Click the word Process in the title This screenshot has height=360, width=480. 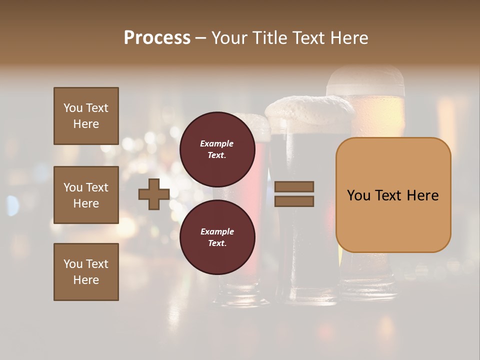tap(157, 38)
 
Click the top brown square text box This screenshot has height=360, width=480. tap(86, 116)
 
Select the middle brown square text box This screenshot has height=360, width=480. tap(86, 195)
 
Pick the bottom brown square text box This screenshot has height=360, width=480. tap(86, 272)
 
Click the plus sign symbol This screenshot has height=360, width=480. tap(154, 194)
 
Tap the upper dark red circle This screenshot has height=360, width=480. tap(217, 149)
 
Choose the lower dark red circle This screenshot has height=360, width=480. tap(217, 237)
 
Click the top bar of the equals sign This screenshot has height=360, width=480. tap(294, 186)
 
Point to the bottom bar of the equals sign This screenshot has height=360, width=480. tap(294, 201)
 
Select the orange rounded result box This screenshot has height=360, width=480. tap(393, 195)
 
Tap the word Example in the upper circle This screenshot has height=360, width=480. tap(216, 143)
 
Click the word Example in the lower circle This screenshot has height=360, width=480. tap(217, 231)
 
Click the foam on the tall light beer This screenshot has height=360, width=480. tap(365, 80)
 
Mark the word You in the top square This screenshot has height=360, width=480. tap(73, 108)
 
